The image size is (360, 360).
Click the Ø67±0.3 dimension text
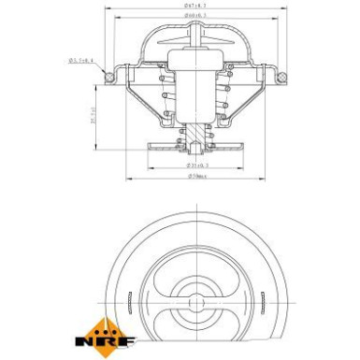(194, 7)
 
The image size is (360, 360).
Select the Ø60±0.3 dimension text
(194, 18)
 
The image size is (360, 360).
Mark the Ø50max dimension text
(195, 176)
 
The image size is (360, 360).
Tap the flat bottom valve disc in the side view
(195, 148)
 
